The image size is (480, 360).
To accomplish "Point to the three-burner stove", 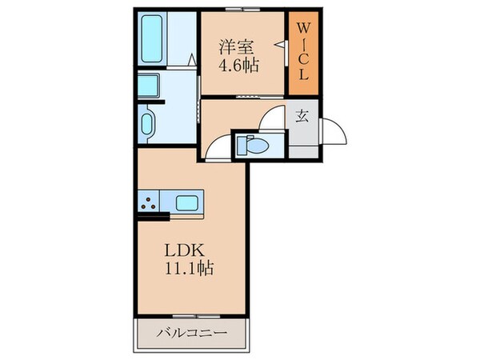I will pyautogui.click(x=148, y=202).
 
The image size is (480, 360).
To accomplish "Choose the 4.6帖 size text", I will pyautogui.click(x=238, y=67).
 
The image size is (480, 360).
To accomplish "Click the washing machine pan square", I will pyautogui.click(x=148, y=85).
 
